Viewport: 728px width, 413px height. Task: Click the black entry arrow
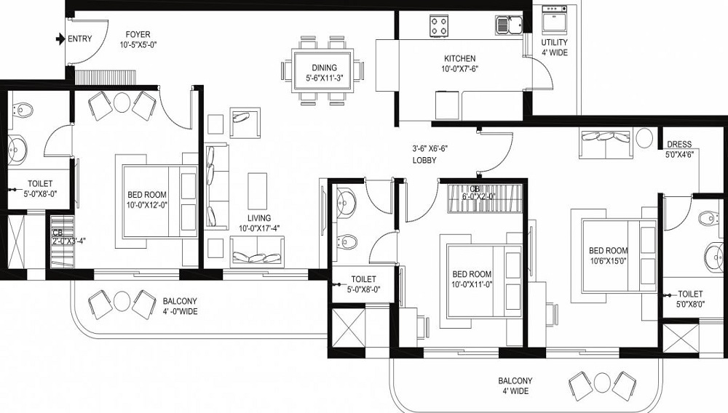click(60, 39)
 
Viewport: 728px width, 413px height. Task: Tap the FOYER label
click(138, 35)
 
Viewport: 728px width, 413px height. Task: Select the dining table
click(324, 71)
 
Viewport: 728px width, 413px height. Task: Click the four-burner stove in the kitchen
click(439, 25)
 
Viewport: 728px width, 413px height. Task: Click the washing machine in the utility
click(555, 20)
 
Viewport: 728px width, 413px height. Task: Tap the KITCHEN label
click(459, 59)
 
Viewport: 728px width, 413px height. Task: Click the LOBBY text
click(424, 161)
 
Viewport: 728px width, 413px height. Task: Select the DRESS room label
click(679, 144)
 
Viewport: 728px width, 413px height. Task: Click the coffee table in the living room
click(257, 191)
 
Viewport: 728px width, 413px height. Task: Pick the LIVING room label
click(259, 218)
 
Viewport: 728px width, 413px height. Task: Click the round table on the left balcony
click(122, 301)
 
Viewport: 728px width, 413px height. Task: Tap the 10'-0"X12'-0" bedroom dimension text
click(147, 205)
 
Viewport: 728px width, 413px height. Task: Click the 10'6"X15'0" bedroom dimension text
click(608, 260)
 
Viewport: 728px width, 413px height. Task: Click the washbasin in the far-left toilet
click(17, 150)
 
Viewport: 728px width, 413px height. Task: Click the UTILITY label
click(554, 42)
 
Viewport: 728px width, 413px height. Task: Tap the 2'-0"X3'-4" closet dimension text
click(69, 241)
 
